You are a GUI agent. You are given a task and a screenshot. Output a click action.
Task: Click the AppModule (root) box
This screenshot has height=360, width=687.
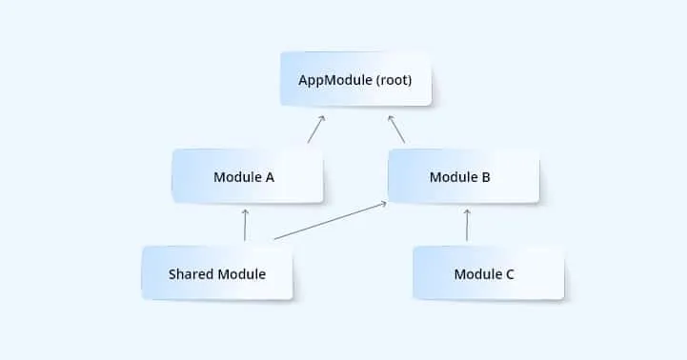(x=355, y=80)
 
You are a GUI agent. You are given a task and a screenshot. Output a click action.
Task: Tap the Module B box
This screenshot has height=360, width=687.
(x=464, y=176)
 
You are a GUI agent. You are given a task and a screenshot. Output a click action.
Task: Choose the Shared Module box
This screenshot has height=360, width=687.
(x=217, y=273)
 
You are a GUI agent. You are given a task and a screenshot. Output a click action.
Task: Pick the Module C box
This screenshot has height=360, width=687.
(x=488, y=273)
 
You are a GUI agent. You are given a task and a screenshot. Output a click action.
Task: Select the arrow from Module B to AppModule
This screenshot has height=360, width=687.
(x=396, y=130)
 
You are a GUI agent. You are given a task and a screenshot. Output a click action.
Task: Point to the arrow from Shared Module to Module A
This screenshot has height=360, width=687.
(x=246, y=225)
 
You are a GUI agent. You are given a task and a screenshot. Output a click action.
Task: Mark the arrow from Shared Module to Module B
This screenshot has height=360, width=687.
(x=329, y=220)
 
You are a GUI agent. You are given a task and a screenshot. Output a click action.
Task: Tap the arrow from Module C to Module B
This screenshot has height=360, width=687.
(x=467, y=225)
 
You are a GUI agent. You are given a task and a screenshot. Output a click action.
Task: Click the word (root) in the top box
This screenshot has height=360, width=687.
(x=393, y=80)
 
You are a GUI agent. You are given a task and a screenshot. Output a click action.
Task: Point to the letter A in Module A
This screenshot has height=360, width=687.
(x=272, y=177)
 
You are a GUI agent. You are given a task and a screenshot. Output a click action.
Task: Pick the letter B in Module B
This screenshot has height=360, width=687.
(x=487, y=177)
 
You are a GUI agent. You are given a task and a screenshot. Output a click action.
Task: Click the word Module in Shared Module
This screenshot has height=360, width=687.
(x=241, y=274)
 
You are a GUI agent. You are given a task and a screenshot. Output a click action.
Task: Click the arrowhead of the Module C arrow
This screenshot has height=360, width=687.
(x=467, y=211)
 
